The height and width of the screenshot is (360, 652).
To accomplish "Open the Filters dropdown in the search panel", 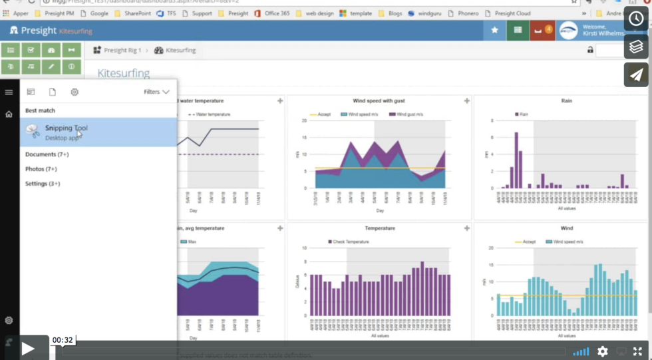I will point(156,92).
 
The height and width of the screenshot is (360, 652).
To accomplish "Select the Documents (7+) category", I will point(47,154).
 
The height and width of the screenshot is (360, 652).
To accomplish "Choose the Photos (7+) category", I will point(41,169).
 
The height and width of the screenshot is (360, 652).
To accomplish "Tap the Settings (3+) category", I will point(43,184).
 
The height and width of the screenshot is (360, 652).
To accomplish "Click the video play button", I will point(27,348).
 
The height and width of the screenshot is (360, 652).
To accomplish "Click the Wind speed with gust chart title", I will point(379,101).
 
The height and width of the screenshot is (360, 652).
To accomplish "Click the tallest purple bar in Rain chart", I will point(516,160).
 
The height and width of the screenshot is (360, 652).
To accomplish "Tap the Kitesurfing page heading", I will point(124,73).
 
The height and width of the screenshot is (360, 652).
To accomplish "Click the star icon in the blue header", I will point(494,30).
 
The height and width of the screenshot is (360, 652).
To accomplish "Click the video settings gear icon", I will point(602,351).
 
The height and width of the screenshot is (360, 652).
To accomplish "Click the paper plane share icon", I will point(636,75).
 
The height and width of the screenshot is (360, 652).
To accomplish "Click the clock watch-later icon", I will point(636,19).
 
